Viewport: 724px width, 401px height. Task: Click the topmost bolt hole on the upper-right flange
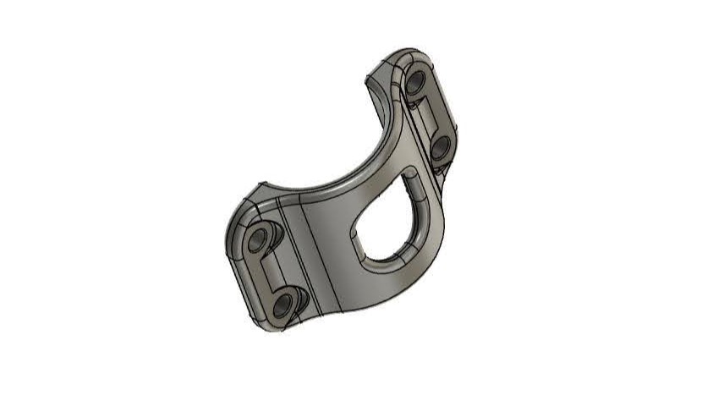click(x=415, y=83)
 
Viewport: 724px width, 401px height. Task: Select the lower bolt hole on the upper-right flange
click(x=440, y=149)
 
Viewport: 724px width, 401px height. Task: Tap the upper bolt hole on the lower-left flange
click(x=258, y=242)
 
